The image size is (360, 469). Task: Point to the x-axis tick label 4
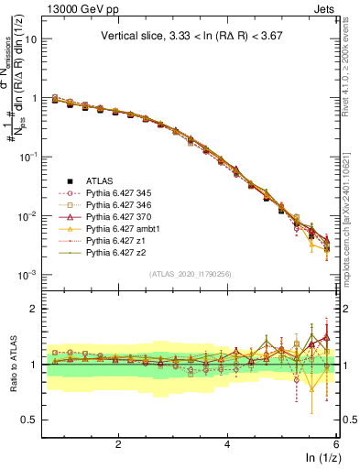tap(228, 444)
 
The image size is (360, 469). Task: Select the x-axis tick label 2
tap(118, 444)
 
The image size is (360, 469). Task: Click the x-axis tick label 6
tap(337, 444)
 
